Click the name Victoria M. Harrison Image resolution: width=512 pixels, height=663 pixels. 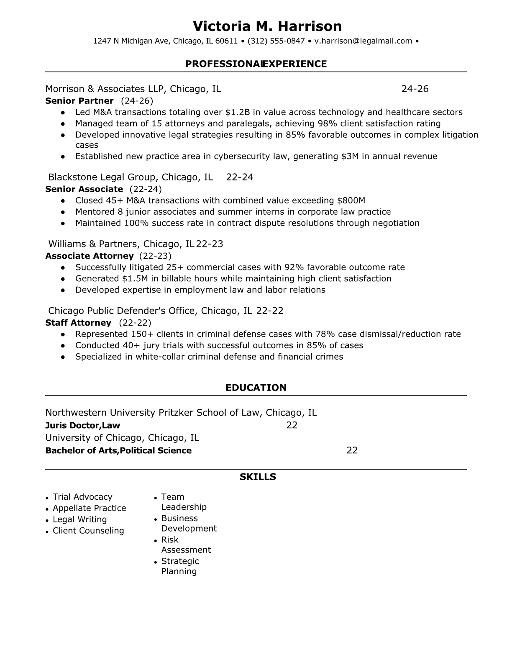pos(267,26)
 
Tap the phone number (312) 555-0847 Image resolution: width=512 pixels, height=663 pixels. pos(276,41)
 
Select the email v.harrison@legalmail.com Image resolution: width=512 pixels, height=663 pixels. pos(363,41)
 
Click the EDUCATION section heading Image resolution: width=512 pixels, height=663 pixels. pos(256,388)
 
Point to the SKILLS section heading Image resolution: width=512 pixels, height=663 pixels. pos(258,477)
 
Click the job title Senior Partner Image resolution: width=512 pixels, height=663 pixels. pos(79,101)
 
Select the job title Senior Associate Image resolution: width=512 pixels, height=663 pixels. pos(84,189)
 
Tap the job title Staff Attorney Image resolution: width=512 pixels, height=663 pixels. pos(78,323)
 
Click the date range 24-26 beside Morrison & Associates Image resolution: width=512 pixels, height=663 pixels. pos(415,89)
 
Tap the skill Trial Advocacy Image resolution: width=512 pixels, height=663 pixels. pos(82,497)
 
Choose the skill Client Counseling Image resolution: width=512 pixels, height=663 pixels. pos(88,531)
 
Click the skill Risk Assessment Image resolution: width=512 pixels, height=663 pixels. pos(186,545)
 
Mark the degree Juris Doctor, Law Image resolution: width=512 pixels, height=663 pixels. pos(82,426)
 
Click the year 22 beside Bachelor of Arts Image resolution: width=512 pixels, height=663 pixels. pos(352,450)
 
